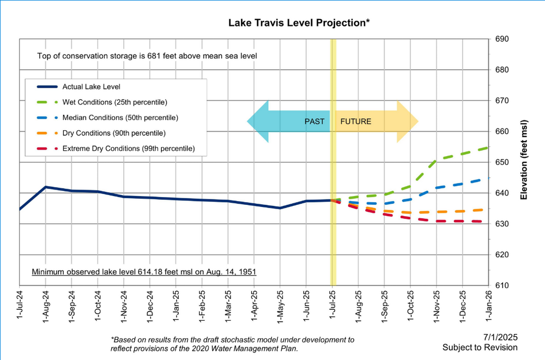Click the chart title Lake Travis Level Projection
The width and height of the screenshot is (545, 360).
(x=299, y=23)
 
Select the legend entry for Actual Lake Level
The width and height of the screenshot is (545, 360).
(x=92, y=87)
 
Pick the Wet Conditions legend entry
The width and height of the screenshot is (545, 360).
(x=114, y=102)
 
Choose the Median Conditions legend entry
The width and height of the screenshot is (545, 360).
(x=120, y=118)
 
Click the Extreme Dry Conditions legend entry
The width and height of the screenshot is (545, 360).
(x=128, y=148)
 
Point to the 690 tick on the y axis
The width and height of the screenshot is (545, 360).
(x=502, y=39)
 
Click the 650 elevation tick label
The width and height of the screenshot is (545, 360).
(x=502, y=162)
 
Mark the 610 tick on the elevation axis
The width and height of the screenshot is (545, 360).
(x=502, y=285)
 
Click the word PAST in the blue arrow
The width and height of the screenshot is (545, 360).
(x=314, y=121)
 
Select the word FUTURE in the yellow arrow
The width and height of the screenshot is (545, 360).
(x=355, y=121)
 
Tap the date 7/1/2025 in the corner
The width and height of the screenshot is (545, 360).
(x=500, y=337)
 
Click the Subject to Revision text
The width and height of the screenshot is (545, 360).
(x=480, y=347)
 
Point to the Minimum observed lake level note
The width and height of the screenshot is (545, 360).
(x=144, y=271)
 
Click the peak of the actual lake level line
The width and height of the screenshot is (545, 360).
(x=46, y=187)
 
